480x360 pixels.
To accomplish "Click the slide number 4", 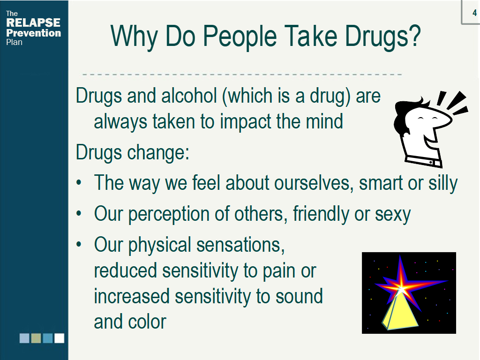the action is pyautogui.click(x=474, y=13).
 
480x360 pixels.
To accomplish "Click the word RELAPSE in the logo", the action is pyautogui.click(x=33, y=22).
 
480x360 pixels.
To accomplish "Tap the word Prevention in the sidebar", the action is pyautogui.click(x=34, y=33).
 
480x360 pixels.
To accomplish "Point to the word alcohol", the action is pyautogui.click(x=189, y=96).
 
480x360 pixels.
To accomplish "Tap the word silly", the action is pyautogui.click(x=443, y=184).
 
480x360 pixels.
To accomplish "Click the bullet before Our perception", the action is pyautogui.click(x=79, y=213).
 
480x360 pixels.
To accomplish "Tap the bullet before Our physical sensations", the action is pyautogui.click(x=79, y=244).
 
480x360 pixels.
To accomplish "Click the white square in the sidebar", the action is pyautogui.click(x=60, y=338).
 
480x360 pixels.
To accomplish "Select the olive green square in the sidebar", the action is pyautogui.click(x=36, y=338).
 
